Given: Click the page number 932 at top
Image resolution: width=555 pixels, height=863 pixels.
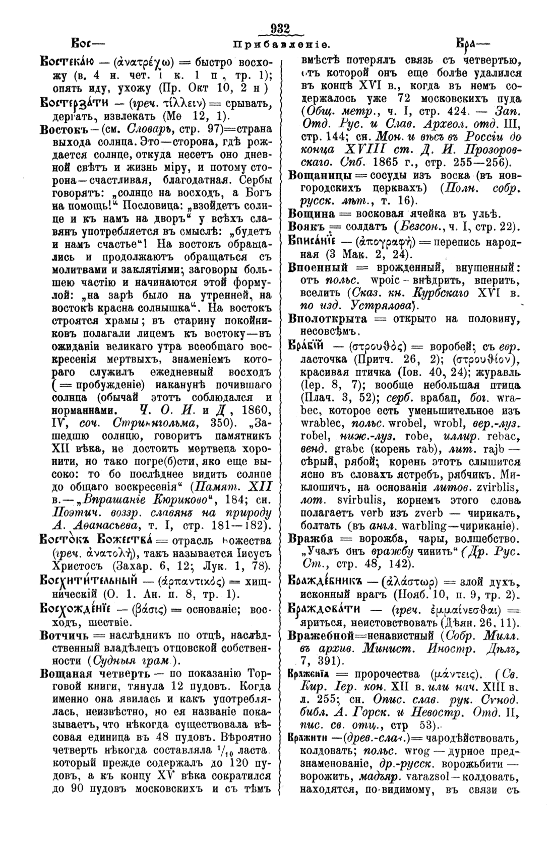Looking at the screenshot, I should pos(280,30).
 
